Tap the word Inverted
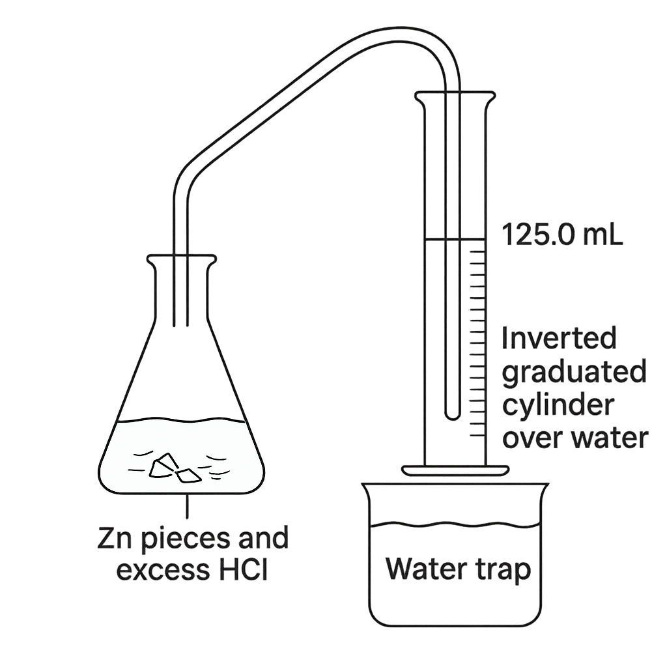(x=559, y=338)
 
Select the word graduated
(x=575, y=373)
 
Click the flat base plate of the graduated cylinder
(x=455, y=470)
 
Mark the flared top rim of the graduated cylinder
(x=455, y=95)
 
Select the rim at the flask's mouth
(x=182, y=259)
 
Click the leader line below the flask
(x=187, y=505)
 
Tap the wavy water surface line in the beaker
(x=455, y=524)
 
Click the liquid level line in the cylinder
(x=455, y=240)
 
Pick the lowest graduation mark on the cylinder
(x=477, y=435)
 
